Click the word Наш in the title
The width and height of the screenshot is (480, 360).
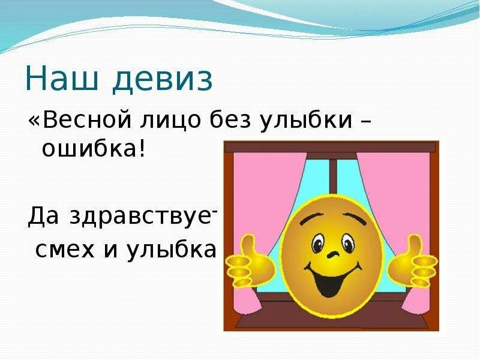[x=59, y=80]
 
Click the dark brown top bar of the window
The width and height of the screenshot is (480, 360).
[x=331, y=146]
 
